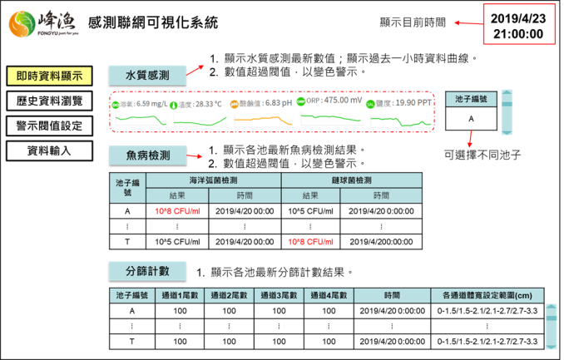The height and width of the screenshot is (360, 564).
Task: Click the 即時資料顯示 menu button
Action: [x=49, y=75]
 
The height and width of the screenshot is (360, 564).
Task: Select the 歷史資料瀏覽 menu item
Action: [x=49, y=101]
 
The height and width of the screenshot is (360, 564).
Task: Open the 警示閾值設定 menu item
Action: [x=49, y=126]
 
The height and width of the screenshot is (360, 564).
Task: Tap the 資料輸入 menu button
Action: [x=49, y=150]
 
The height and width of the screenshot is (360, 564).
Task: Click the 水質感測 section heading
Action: [x=147, y=75]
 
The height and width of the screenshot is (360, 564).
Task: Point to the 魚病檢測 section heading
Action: [x=147, y=155]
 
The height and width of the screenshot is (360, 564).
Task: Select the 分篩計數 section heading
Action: [x=147, y=271]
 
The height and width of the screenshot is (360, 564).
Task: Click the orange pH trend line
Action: [x=264, y=118]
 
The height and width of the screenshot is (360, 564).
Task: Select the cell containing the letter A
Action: [x=471, y=119]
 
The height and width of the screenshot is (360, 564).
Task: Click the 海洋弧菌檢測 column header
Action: [x=214, y=180]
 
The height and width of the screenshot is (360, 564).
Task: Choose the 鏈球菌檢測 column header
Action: [x=351, y=180]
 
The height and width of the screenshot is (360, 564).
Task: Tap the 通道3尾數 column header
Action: [x=279, y=295]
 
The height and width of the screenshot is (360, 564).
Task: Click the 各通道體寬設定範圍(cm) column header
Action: [x=487, y=295]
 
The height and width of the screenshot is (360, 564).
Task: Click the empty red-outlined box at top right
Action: [x=519, y=23]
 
